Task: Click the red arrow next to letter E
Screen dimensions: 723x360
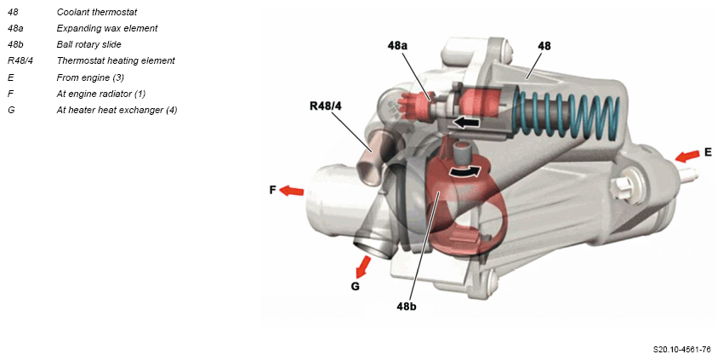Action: pos(687,156)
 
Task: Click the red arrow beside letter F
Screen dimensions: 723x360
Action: pos(292,190)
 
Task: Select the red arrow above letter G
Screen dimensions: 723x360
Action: pos(363,266)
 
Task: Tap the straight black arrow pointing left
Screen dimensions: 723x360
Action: pos(467,123)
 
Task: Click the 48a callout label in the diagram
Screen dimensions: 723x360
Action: pos(397,45)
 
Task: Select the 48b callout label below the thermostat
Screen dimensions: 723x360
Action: pos(407,306)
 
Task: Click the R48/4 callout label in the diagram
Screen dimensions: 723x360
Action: pos(326,106)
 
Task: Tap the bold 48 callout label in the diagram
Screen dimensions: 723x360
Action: pos(544,46)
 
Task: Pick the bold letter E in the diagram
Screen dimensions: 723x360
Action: pos(708,152)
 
